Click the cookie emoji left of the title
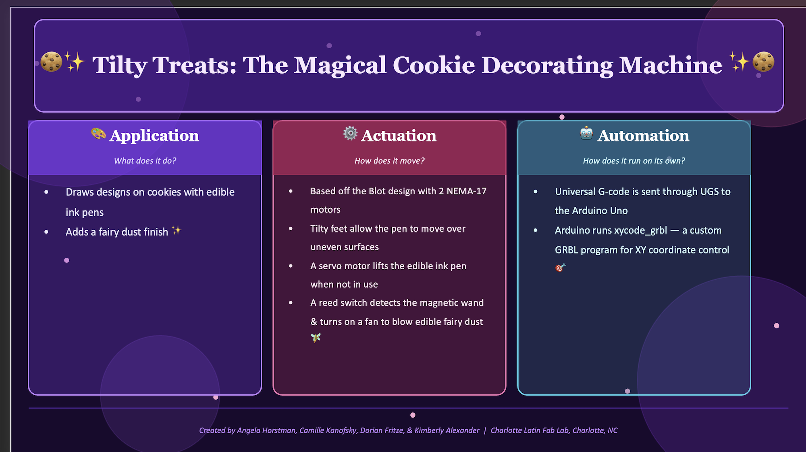51,62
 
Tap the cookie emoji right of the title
763,62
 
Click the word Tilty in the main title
120,65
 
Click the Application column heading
154,136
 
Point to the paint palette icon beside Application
98,134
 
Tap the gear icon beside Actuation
350,133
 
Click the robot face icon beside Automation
586,133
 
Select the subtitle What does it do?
145,161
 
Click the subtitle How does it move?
389,161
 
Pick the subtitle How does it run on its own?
634,161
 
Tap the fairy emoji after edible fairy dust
316,338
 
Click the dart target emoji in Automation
560,267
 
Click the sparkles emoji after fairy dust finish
177,230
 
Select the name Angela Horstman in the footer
267,430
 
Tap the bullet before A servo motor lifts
291,266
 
